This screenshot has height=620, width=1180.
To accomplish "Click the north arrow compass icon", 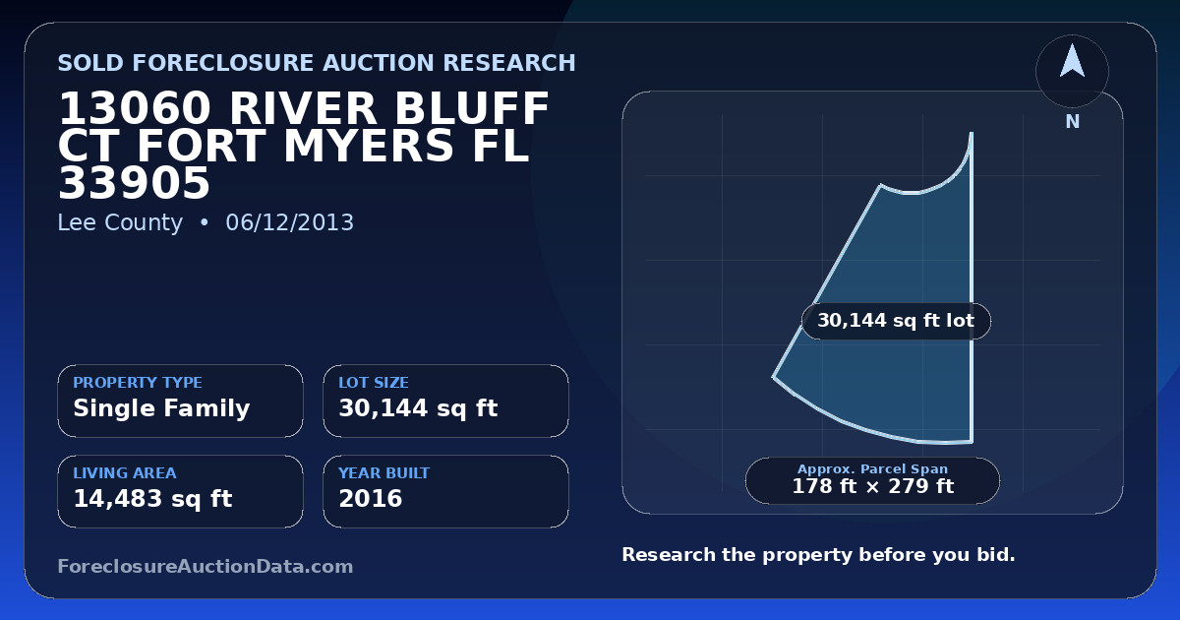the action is click(1072, 71).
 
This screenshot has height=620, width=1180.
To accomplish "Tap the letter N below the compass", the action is click(1073, 122).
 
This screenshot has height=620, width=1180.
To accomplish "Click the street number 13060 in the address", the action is click(135, 108).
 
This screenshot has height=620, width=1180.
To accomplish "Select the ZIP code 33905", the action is click(135, 183).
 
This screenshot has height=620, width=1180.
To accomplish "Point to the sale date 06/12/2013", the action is click(290, 222).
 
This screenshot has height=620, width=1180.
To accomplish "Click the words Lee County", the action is click(120, 222).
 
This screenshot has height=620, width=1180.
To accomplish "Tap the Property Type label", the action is click(138, 382).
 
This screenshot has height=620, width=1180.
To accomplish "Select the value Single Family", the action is click(161, 408).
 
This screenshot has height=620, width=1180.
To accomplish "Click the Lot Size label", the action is click(374, 382).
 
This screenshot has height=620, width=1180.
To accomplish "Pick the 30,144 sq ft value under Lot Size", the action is click(418, 408).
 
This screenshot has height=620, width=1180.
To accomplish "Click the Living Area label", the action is click(125, 473).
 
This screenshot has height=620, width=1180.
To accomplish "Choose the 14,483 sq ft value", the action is click(152, 499).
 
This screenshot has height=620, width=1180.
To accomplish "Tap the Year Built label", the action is click(384, 473).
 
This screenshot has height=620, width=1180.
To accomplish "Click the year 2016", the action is click(371, 499).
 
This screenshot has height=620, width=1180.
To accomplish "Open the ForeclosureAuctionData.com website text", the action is click(206, 566).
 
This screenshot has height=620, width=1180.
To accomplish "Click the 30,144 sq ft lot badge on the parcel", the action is click(896, 321).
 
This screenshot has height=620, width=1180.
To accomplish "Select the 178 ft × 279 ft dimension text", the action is click(873, 486).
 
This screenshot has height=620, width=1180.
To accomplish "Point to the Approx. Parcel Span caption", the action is click(873, 468).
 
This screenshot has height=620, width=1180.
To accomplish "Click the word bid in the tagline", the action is click(995, 555).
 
